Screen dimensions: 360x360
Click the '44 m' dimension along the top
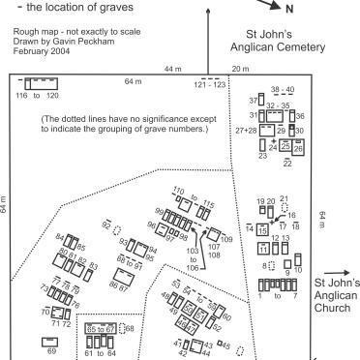coord(172,70)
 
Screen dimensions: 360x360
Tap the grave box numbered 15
coord(262,229)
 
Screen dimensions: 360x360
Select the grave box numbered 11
coord(262,249)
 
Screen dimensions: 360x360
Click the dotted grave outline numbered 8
coord(273,264)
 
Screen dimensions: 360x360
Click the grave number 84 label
coord(60,237)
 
